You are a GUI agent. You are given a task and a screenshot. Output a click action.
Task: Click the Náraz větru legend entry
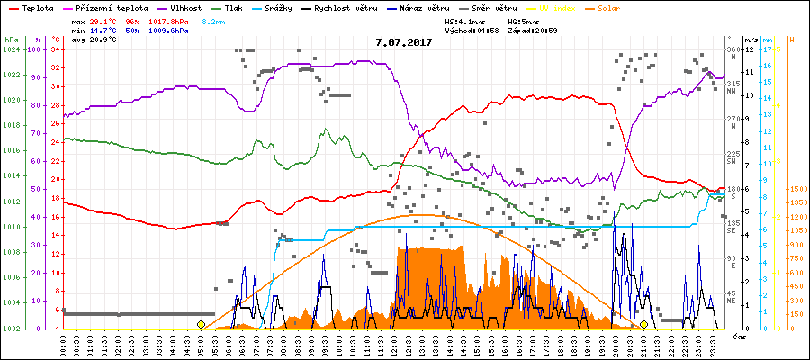pyautogui.click(x=443, y=7)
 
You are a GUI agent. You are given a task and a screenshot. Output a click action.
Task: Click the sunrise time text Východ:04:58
pyautogui.click(x=472, y=30)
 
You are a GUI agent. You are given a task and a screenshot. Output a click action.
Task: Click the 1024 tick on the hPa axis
pyautogui.click(x=11, y=49)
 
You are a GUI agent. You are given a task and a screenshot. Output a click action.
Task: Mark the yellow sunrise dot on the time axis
pyautogui.click(x=201, y=324)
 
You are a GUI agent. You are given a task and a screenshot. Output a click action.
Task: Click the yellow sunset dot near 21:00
pyautogui.click(x=644, y=324)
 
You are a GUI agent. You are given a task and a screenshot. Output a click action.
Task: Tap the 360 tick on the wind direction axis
pyautogui.click(x=732, y=49)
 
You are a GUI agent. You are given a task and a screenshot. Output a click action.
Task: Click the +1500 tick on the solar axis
pyautogui.click(x=796, y=190)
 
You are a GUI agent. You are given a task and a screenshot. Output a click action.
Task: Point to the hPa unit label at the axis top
pyautogui.click(x=11, y=40)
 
